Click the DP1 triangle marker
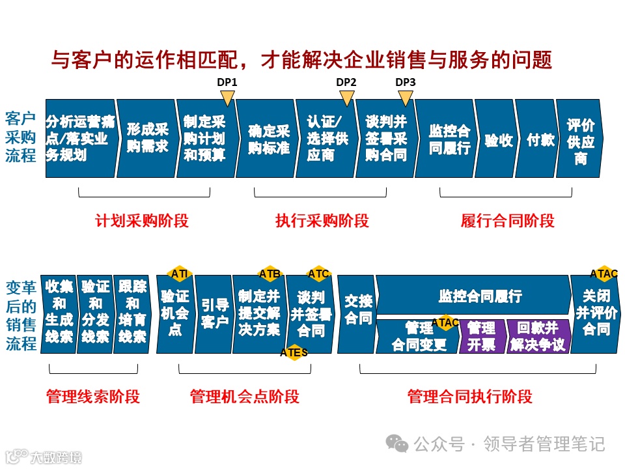pos(227,98)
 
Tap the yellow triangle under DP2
pos(346,98)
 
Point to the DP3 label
pos(406,83)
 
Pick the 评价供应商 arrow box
pos(579,139)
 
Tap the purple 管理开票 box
pos(482,336)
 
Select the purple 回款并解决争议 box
pos(538,336)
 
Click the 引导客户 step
pos(214,314)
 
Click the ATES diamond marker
pos(294,352)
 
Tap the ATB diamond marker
pos(270,274)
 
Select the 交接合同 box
pos(357,314)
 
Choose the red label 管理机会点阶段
pos(245,396)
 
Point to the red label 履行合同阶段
pos(507,221)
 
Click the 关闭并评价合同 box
pos(595,314)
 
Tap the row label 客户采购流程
pos(21,137)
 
